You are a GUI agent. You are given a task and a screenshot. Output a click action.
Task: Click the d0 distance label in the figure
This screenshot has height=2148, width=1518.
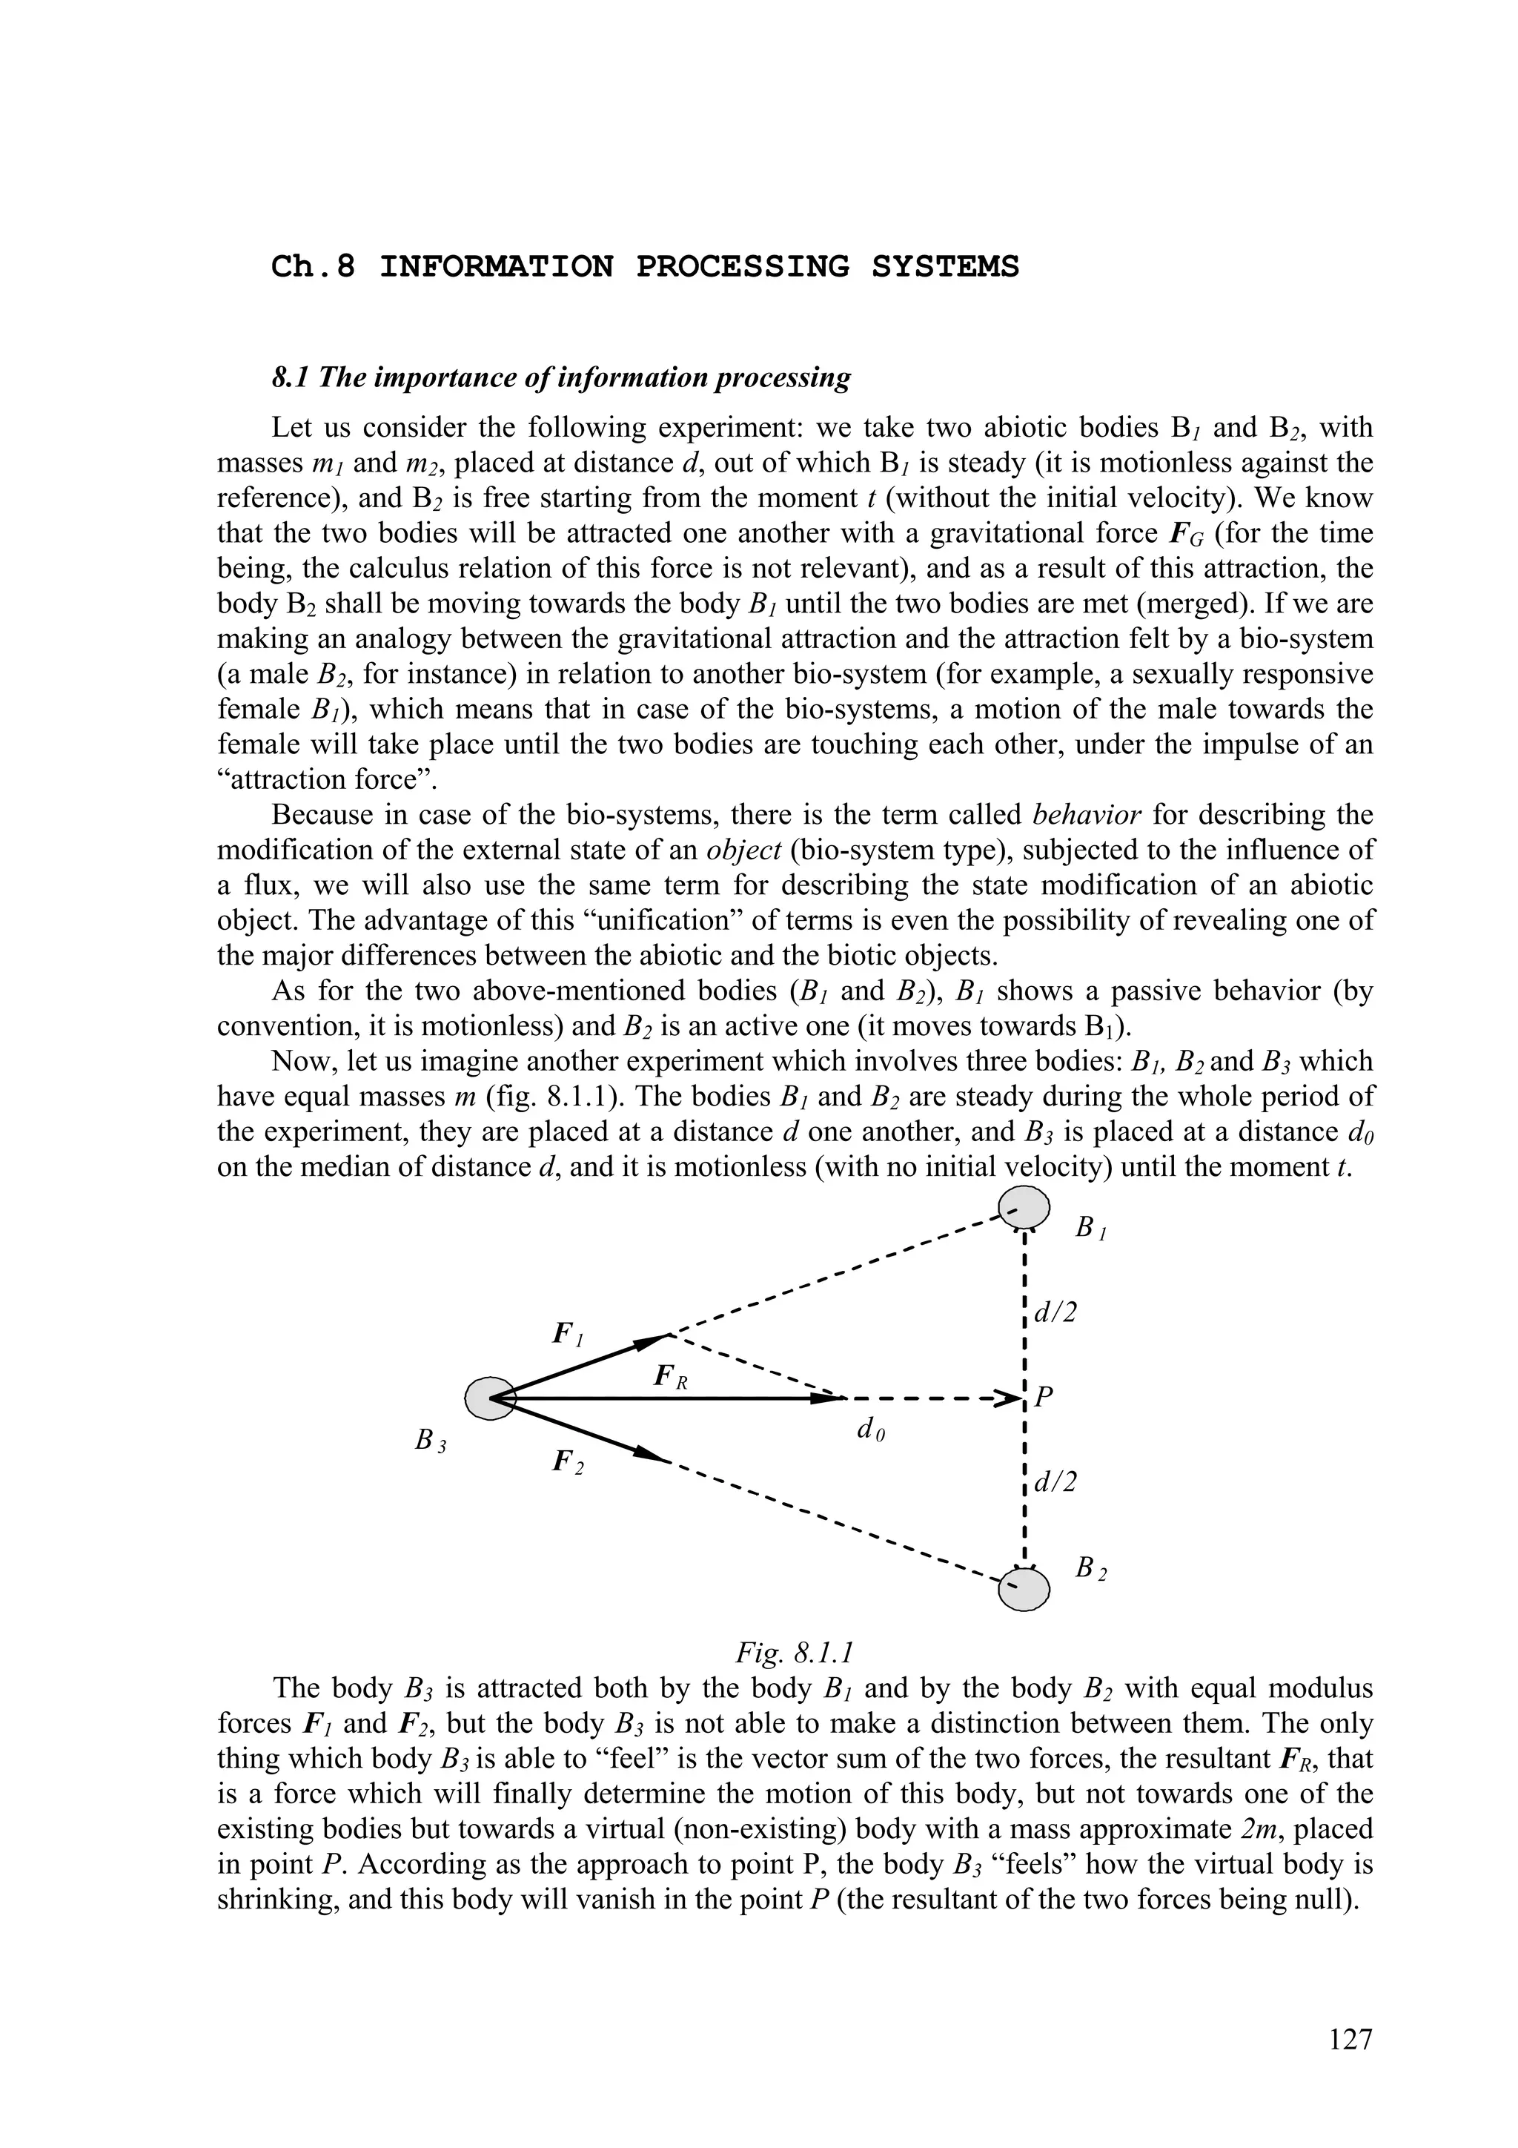pos(870,1429)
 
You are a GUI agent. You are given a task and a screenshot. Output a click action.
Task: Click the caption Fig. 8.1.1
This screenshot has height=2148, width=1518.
pos(794,1652)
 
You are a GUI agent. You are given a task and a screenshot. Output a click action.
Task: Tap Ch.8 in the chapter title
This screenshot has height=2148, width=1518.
pos(314,268)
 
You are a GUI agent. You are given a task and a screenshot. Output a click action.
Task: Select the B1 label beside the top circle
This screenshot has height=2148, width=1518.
pos(1090,1227)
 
